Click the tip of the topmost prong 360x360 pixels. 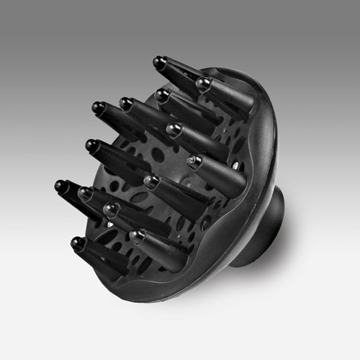coord(158,62)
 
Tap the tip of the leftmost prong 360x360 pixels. coord(60,186)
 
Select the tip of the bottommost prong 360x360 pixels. coord(76,243)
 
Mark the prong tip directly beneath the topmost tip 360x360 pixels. coord(162,94)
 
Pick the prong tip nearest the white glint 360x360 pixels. coord(194,161)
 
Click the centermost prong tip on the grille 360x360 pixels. coord(149,180)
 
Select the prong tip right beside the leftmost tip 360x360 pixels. coord(84,192)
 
